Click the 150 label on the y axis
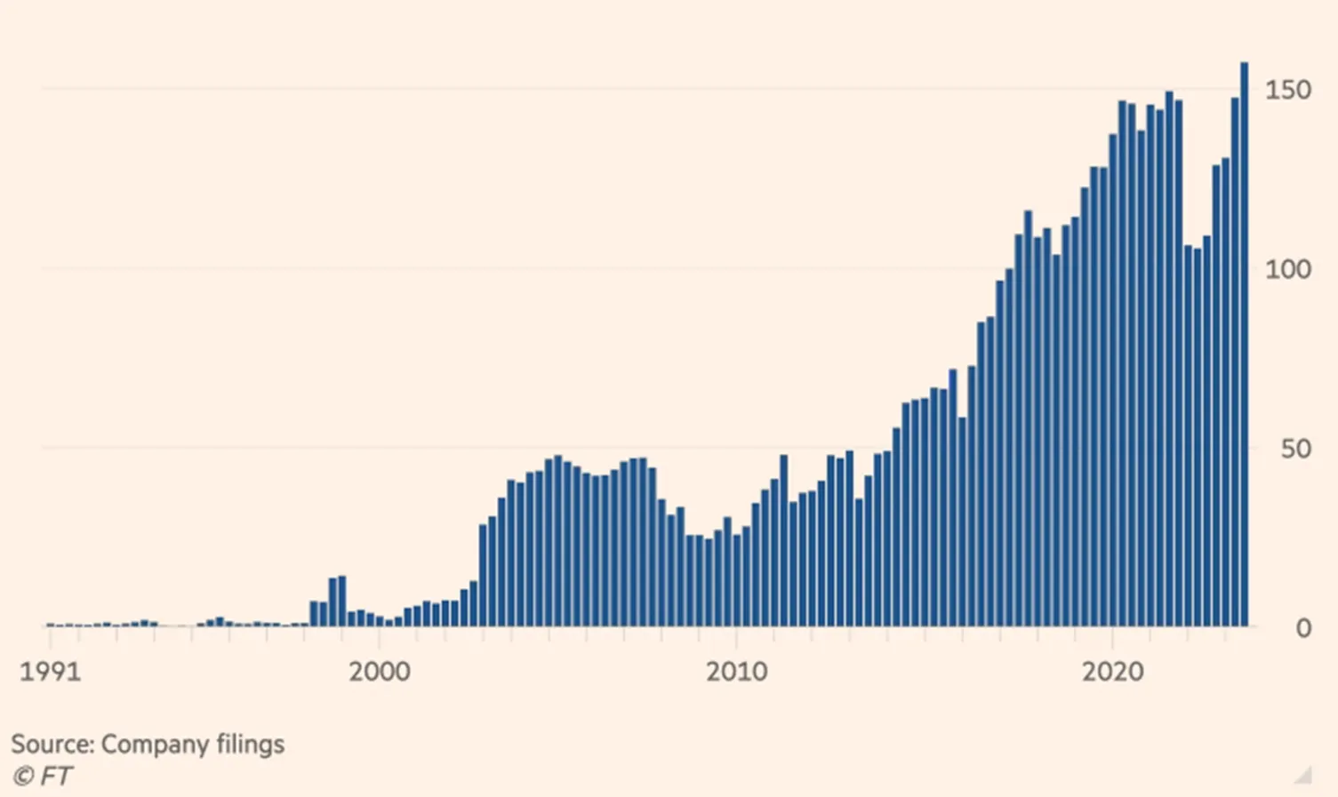(1288, 90)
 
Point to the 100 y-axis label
(1288, 270)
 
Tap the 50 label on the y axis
(1296, 449)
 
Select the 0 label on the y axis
(1304, 629)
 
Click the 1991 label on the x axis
(50, 673)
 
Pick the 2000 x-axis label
(380, 673)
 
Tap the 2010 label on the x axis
(736, 673)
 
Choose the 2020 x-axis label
(1113, 673)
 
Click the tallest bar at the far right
(1245, 345)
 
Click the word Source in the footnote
(53, 745)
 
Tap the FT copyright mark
(42, 777)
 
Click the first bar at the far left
(50, 625)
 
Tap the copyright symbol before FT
(23, 777)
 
